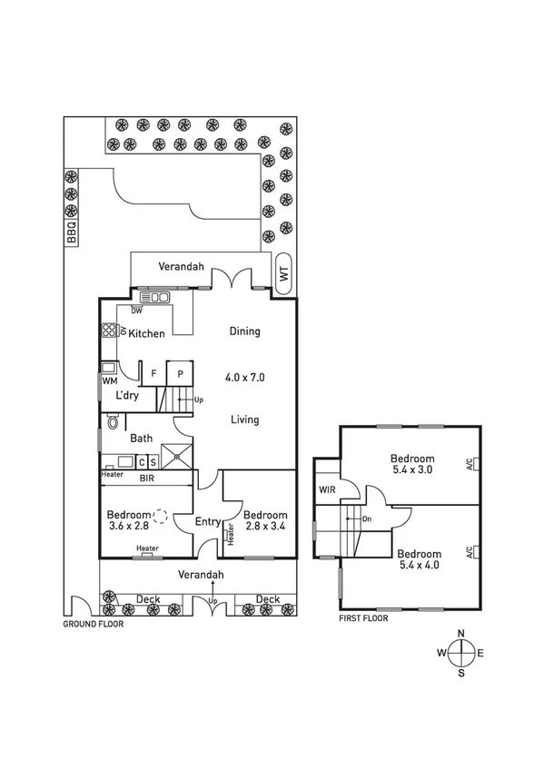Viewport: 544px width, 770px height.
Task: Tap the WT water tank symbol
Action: (283, 271)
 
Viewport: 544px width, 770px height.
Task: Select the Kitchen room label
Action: (146, 334)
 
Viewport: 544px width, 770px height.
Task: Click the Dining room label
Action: (244, 331)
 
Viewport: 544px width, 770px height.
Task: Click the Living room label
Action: (244, 420)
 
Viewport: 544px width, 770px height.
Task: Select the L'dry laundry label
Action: (128, 396)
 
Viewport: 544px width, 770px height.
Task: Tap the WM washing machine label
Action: (110, 381)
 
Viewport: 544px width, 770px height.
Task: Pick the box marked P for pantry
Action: (181, 373)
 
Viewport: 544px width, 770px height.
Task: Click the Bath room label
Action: (141, 439)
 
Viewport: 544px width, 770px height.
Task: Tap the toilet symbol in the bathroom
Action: (113, 422)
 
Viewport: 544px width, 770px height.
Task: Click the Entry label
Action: (209, 521)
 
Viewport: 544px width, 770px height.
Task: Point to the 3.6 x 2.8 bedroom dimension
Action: (127, 525)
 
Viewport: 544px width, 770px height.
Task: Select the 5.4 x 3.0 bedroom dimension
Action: (412, 470)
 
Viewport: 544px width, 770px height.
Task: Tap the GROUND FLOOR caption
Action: (93, 625)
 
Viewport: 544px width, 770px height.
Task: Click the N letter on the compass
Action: (462, 634)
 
